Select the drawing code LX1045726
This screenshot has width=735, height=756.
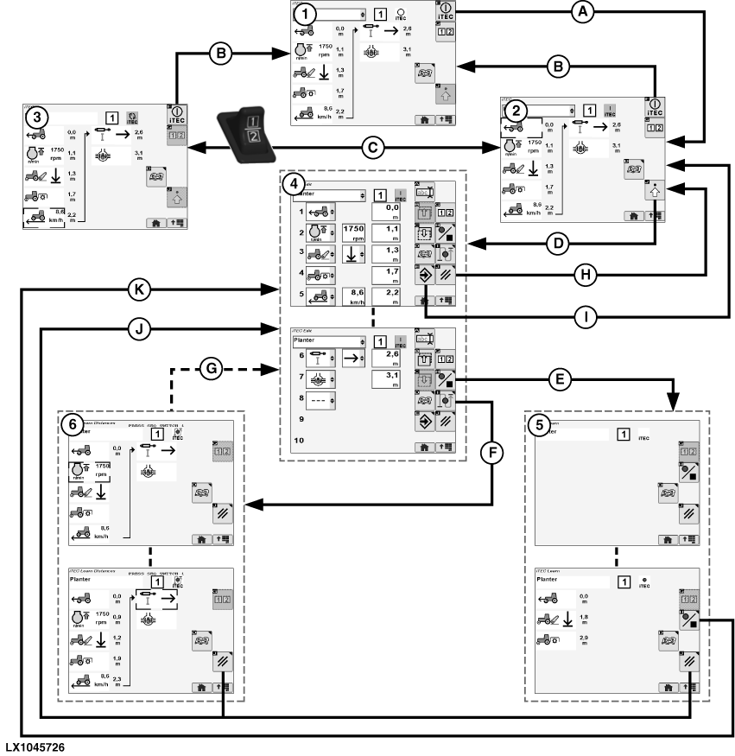point(34,745)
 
